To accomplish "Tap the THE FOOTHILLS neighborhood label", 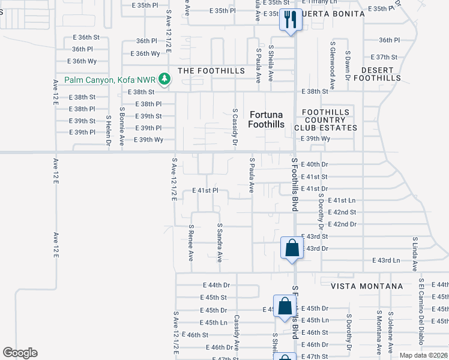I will [212, 71].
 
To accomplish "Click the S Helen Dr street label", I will [109, 131].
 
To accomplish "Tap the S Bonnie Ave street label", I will [122, 127].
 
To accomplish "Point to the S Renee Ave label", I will [191, 243].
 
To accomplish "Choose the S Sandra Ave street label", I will [220, 244].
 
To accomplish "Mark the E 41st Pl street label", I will [205, 190].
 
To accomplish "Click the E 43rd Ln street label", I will [386, 260].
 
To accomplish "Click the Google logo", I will [20, 353].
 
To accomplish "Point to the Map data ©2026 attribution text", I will [424, 355].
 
